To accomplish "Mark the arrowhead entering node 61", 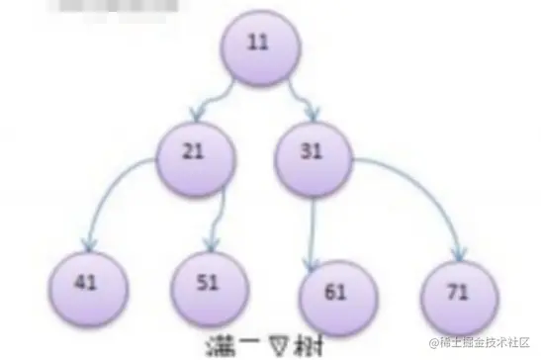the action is click(314, 259).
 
